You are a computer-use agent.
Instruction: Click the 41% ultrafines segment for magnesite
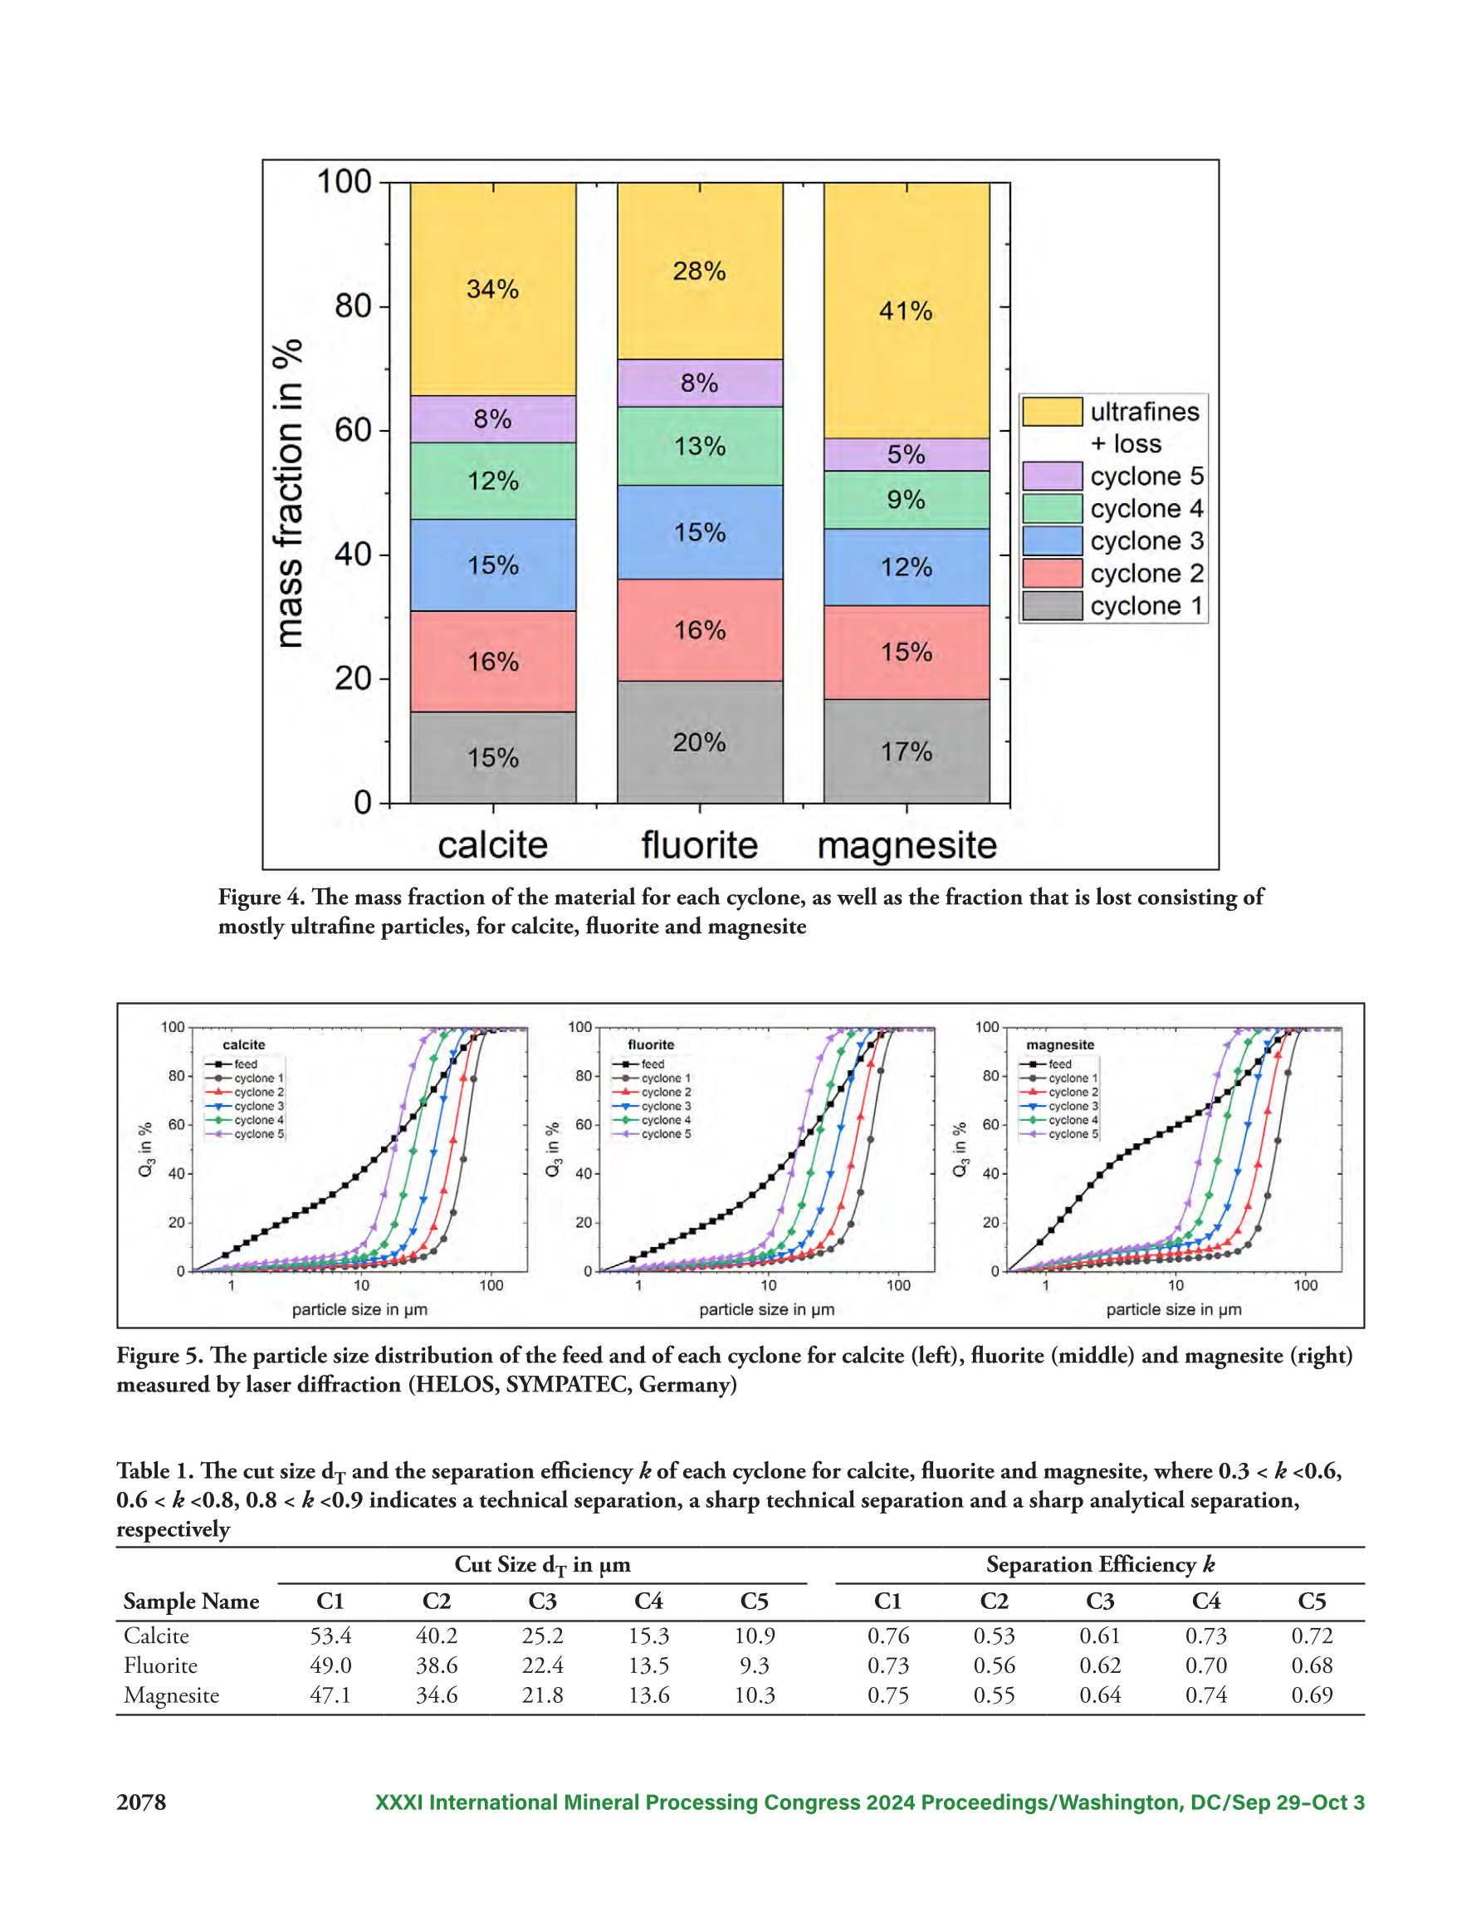click(x=906, y=311)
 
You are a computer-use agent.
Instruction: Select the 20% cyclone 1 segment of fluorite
click(x=700, y=741)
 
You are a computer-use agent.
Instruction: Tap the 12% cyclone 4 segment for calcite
click(x=492, y=481)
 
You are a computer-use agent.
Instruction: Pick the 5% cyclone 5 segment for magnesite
click(x=906, y=455)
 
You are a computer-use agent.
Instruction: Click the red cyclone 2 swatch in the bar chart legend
click(x=1052, y=573)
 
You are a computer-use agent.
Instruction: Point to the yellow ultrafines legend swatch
click(x=1052, y=412)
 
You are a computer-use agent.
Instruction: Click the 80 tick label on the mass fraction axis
click(x=353, y=306)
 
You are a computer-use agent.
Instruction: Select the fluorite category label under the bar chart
click(x=700, y=845)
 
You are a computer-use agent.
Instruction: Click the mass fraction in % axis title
click(x=288, y=493)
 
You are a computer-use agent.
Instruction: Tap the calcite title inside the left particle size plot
click(x=243, y=1044)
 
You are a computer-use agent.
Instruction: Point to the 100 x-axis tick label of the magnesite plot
click(x=1306, y=1285)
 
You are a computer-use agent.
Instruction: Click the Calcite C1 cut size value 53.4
click(x=330, y=1636)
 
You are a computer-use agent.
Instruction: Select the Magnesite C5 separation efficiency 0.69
click(x=1312, y=1695)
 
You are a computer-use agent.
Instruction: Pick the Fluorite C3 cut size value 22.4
click(x=543, y=1665)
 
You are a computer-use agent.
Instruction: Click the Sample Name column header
click(x=192, y=1601)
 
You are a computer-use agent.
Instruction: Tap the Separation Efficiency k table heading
click(x=1100, y=1564)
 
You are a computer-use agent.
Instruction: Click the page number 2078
click(x=141, y=1802)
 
